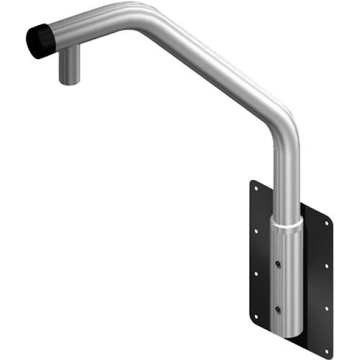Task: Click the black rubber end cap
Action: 42,42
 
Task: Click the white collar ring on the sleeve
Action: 287,225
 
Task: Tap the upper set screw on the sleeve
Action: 278,264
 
